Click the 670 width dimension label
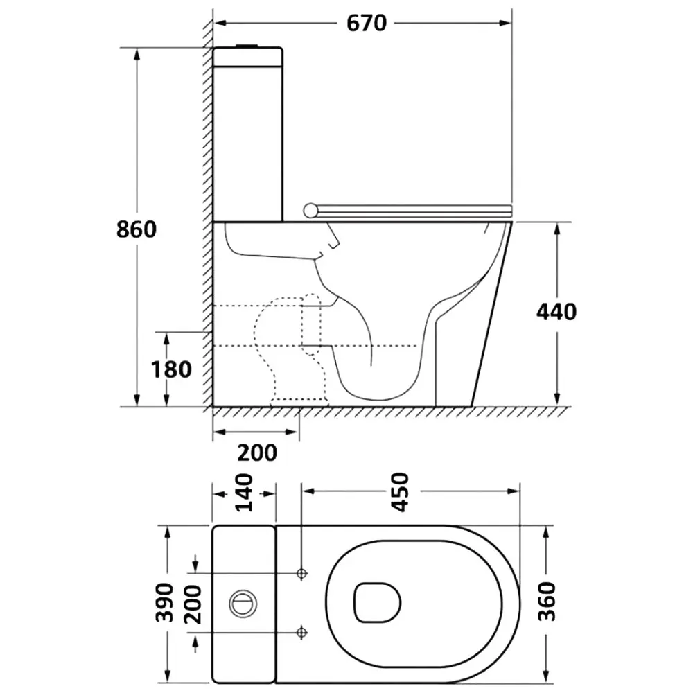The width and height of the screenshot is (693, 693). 367,23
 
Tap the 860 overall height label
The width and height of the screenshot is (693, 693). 137,229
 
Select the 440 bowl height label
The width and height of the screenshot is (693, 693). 556,312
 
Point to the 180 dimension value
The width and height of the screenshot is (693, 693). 171,369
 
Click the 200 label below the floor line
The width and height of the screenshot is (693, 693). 257,453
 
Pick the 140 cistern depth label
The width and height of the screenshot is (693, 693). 243,493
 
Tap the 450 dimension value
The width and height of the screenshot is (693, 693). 401,492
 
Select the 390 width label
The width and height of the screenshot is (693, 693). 165,602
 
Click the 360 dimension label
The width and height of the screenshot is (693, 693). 547,602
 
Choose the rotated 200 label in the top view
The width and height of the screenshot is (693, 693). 193,604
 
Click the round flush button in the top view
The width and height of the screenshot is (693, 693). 243,604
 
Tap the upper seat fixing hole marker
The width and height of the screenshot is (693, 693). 302,574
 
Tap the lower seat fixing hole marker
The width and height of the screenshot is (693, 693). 302,633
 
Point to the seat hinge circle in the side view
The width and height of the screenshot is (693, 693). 310,211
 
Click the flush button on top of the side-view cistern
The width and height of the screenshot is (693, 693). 247,46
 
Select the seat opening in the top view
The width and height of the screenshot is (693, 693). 378,602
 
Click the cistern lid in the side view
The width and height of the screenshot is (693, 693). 248,57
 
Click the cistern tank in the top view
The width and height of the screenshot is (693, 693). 243,604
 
